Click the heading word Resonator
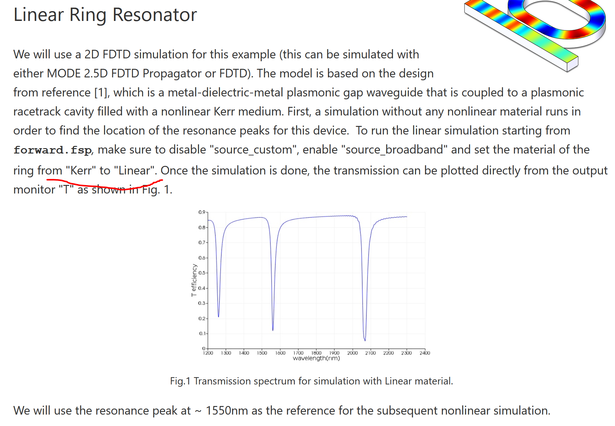tap(155, 15)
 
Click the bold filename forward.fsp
tap(53, 150)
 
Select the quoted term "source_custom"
tap(253, 149)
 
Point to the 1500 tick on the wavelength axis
tap(262, 353)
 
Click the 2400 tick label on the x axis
tap(425, 353)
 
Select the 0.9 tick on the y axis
tap(202, 212)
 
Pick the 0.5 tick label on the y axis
tap(202, 273)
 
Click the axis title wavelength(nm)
tap(316, 358)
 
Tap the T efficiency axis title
tap(194, 280)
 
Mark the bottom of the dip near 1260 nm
tap(218, 317)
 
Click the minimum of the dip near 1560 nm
tap(273, 330)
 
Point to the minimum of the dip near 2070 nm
tap(365, 340)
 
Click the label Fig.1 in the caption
tap(180, 381)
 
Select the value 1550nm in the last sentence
tap(227, 410)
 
